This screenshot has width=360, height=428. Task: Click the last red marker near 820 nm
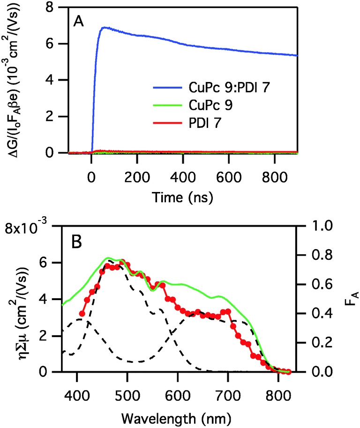[x=288, y=372]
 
